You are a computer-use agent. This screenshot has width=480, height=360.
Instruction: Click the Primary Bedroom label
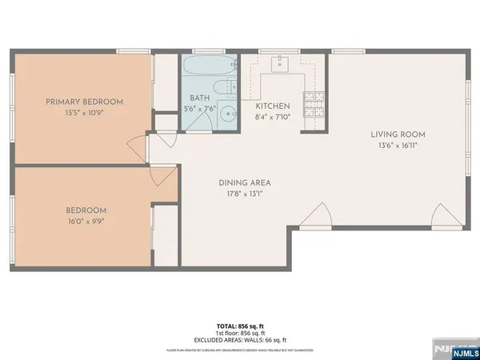(x=84, y=101)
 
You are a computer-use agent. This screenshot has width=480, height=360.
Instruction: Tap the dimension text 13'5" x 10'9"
(x=84, y=113)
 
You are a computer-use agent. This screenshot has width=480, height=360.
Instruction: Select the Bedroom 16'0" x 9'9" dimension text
(x=86, y=222)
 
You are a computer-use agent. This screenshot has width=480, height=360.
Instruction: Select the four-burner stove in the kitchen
(x=312, y=102)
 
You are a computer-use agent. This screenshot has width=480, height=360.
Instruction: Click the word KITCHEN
(x=272, y=106)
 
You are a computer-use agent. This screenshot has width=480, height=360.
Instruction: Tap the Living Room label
(x=398, y=134)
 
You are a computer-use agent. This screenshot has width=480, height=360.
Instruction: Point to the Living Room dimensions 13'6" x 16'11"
(x=398, y=146)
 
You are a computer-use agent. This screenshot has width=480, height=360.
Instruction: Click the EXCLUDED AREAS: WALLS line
(x=240, y=341)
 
